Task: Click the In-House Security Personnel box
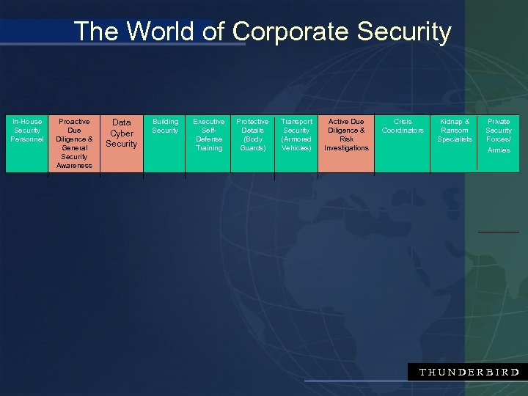(27, 144)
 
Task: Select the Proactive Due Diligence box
(74, 144)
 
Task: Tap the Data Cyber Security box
(122, 144)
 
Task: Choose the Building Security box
(165, 144)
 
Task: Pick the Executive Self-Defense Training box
(209, 144)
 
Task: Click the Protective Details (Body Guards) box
(252, 144)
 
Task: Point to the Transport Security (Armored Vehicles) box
(296, 144)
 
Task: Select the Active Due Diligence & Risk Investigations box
(346, 144)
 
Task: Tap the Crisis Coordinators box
(403, 144)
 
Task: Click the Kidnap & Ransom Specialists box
(455, 144)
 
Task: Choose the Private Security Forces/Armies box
(499, 144)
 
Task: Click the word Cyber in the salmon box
(122, 133)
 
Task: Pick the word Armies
(499, 150)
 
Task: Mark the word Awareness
(74, 166)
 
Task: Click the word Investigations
(346, 148)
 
